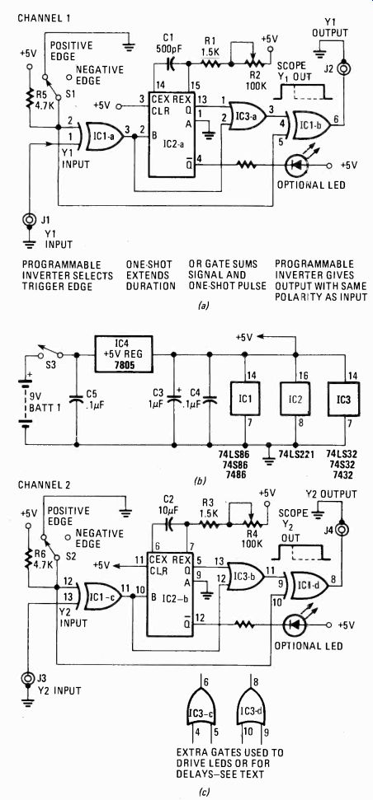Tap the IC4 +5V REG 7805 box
123,349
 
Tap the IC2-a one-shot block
172,134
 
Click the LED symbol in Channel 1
295,166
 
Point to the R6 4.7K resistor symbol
29,555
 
